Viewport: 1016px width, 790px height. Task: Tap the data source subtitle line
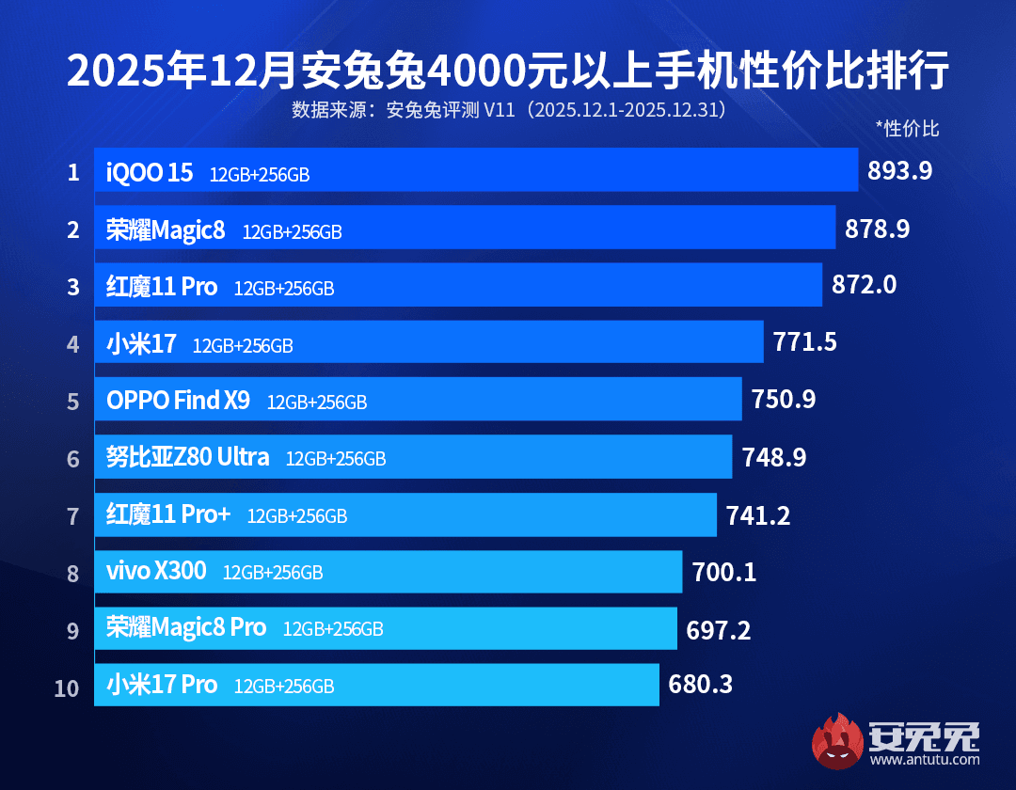click(508, 110)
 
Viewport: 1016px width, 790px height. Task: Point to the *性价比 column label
click(907, 129)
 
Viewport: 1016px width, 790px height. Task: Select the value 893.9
click(900, 171)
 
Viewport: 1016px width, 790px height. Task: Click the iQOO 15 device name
click(150, 173)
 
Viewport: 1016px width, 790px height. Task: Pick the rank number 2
click(73, 229)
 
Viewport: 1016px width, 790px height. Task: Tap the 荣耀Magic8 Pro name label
click(186, 627)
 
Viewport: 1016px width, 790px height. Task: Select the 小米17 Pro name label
click(162, 685)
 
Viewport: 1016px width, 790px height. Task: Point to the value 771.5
click(805, 342)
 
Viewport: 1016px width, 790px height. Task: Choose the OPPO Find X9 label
click(178, 401)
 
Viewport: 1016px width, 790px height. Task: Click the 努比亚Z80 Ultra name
click(188, 458)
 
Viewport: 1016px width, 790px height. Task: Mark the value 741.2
click(758, 515)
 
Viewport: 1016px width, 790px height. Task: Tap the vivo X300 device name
click(156, 571)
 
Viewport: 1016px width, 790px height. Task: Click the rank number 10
click(67, 687)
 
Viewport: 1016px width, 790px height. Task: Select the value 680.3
click(701, 685)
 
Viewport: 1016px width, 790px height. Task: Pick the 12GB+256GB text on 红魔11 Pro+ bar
click(297, 516)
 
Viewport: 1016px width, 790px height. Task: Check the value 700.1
click(724, 572)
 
